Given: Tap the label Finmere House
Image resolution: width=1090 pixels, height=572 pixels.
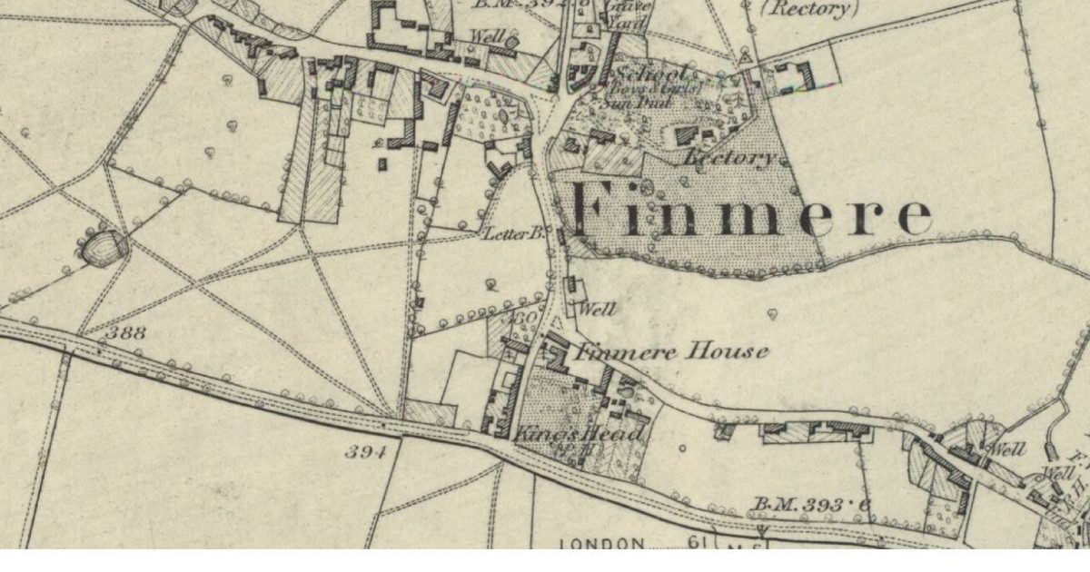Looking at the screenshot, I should point(673,351).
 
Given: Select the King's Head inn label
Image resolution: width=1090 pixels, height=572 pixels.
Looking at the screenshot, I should point(579,435).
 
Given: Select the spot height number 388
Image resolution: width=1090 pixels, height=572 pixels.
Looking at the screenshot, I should point(124,333).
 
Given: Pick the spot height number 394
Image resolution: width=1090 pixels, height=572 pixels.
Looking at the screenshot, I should point(366,451).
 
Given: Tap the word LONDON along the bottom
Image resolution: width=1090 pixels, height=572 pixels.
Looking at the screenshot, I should point(601,544).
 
